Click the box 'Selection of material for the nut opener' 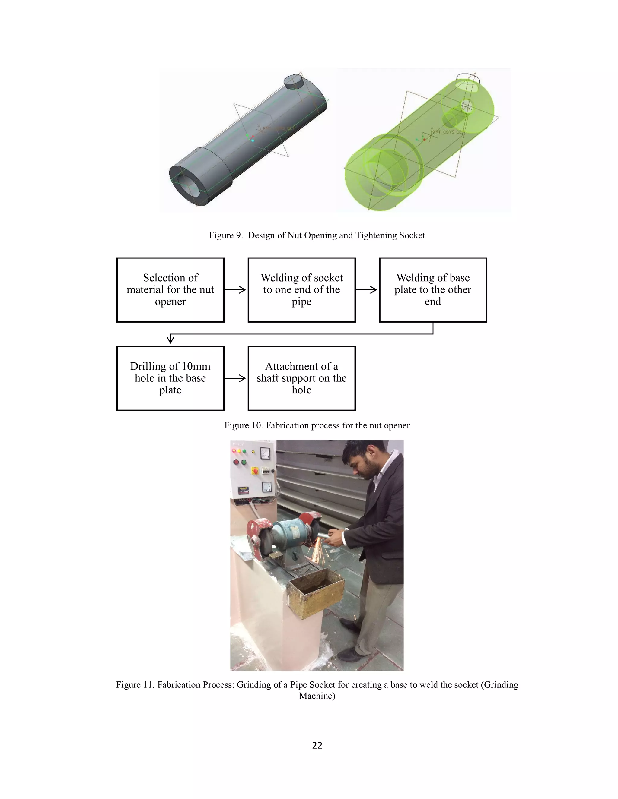click(170, 290)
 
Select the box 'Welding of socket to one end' click(301, 290)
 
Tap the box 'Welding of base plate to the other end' click(433, 290)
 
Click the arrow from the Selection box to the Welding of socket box click(235, 290)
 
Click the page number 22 click(317, 745)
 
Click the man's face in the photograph click(356, 463)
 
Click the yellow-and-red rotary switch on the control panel click(254, 471)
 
